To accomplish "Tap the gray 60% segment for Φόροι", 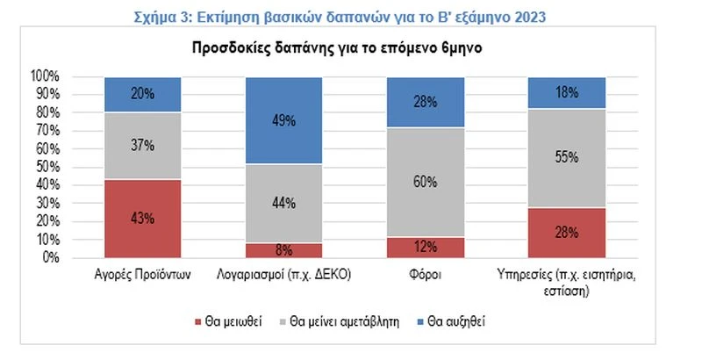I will click(x=425, y=183).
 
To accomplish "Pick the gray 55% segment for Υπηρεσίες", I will click(x=566, y=158).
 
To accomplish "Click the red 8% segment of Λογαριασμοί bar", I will click(x=283, y=250).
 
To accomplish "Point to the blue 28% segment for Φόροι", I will click(x=425, y=103).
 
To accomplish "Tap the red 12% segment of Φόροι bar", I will click(x=425, y=248).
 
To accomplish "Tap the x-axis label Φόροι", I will click(x=425, y=274).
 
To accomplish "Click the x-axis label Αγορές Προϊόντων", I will click(x=143, y=274).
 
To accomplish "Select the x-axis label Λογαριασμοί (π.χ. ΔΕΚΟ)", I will click(x=283, y=274).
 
